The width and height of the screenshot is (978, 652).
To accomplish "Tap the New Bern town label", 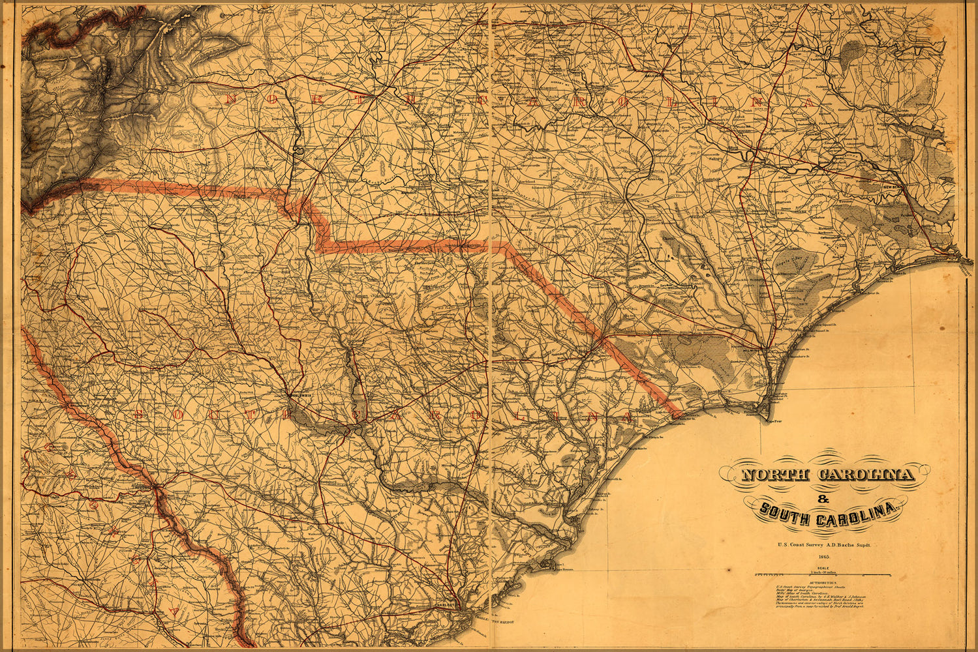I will pyautogui.click(x=892, y=188).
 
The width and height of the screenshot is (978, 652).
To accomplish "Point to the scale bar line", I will pyautogui.click(x=823, y=575).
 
